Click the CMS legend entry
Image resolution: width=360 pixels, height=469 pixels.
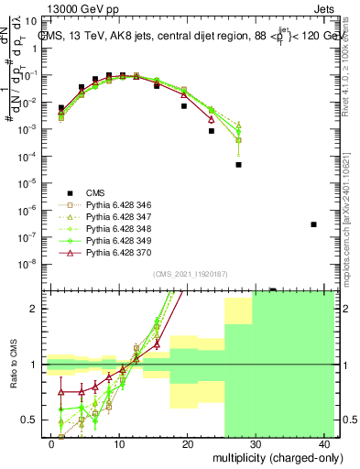(x=95, y=192)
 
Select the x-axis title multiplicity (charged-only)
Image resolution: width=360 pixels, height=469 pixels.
(x=273, y=457)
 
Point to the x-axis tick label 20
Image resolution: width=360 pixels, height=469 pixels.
(x=188, y=443)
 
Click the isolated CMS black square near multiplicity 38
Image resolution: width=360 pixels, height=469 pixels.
(x=314, y=224)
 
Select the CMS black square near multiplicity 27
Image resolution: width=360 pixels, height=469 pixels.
(x=238, y=165)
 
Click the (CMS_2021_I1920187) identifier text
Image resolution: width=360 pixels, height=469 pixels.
(x=190, y=273)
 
